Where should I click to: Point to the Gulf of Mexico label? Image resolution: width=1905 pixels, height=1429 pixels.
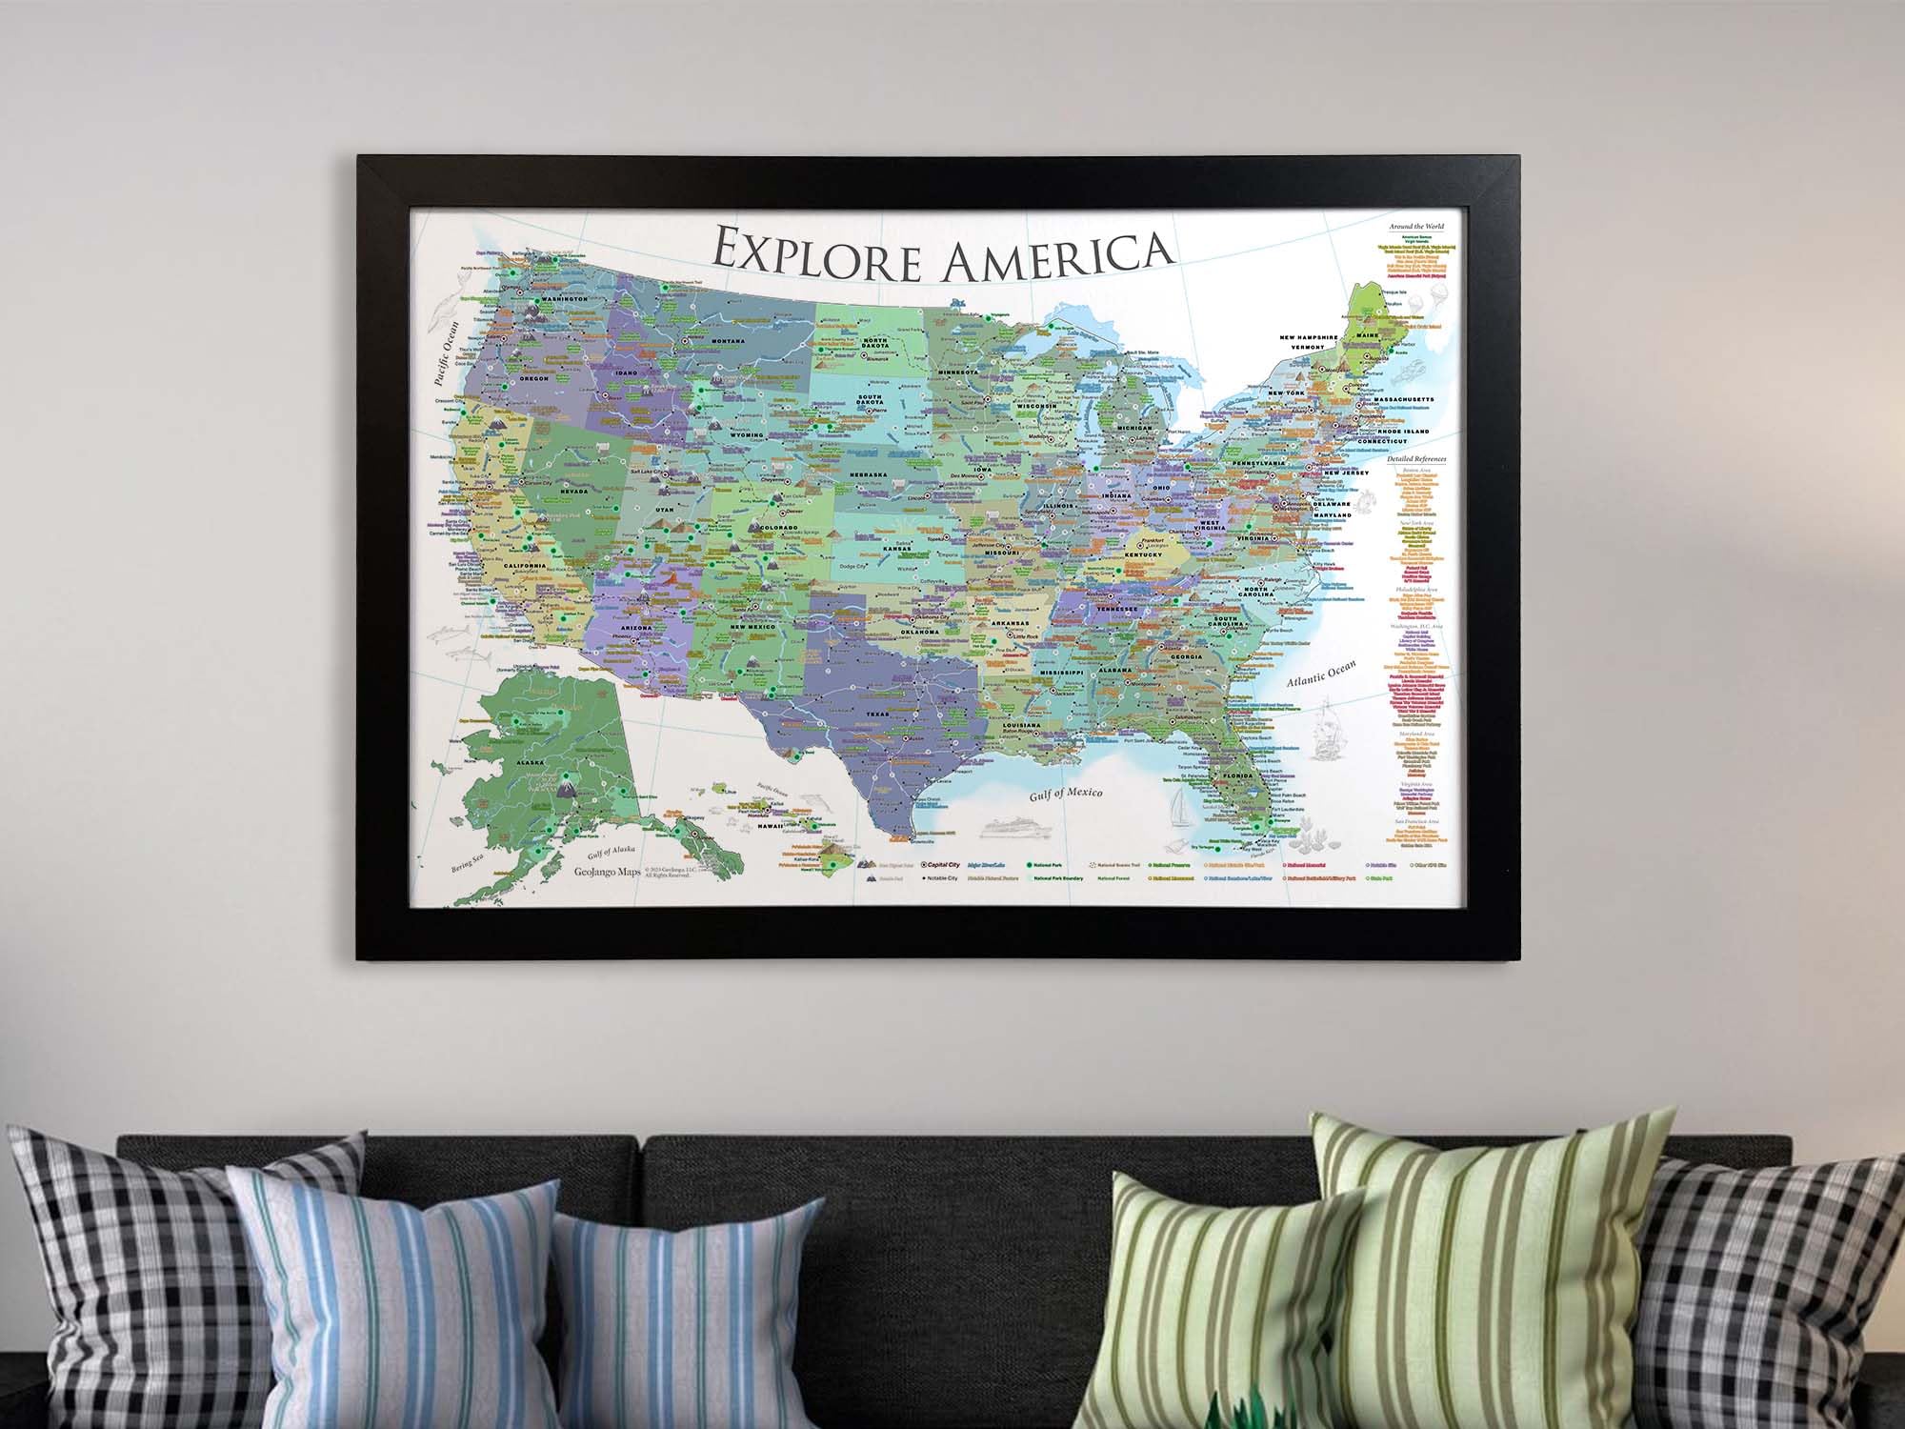pyautogui.click(x=1067, y=793)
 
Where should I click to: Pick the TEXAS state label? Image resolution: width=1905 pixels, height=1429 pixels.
pyautogui.click(x=877, y=713)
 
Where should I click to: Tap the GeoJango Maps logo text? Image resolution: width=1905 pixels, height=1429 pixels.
pyautogui.click(x=607, y=871)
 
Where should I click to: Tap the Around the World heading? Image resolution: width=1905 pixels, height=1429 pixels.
pyautogui.click(x=1415, y=227)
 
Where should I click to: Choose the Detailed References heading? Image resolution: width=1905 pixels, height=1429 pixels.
pyautogui.click(x=1416, y=459)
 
